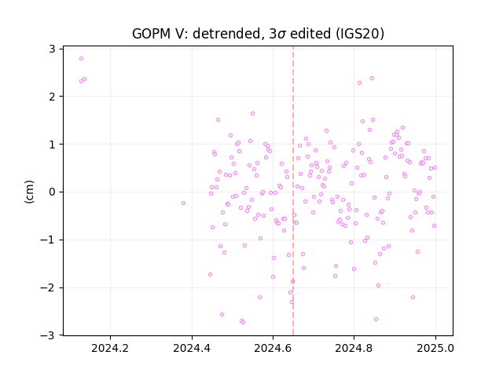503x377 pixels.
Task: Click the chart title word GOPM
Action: (152, 34)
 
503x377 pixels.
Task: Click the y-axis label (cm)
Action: (29, 192)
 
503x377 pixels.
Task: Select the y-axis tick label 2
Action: (52, 97)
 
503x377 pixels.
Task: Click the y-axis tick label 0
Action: (52, 192)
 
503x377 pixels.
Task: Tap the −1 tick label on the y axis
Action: (47, 240)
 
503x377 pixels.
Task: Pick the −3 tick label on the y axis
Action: (47, 335)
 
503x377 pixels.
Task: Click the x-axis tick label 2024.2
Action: (110, 348)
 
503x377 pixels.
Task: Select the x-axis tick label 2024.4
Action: (192, 348)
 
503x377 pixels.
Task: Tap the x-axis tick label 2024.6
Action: (273, 348)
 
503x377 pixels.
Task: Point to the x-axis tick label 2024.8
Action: (354, 348)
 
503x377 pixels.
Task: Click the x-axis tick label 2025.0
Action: (435, 348)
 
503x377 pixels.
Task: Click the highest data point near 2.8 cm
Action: (81, 58)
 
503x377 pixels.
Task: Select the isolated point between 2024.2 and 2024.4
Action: (183, 203)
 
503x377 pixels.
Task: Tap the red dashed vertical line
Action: (293, 191)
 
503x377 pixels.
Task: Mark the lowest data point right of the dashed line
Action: (376, 319)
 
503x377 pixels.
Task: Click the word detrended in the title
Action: (227, 34)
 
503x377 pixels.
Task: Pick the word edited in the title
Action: (311, 34)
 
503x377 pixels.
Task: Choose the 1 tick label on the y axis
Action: (52, 145)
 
